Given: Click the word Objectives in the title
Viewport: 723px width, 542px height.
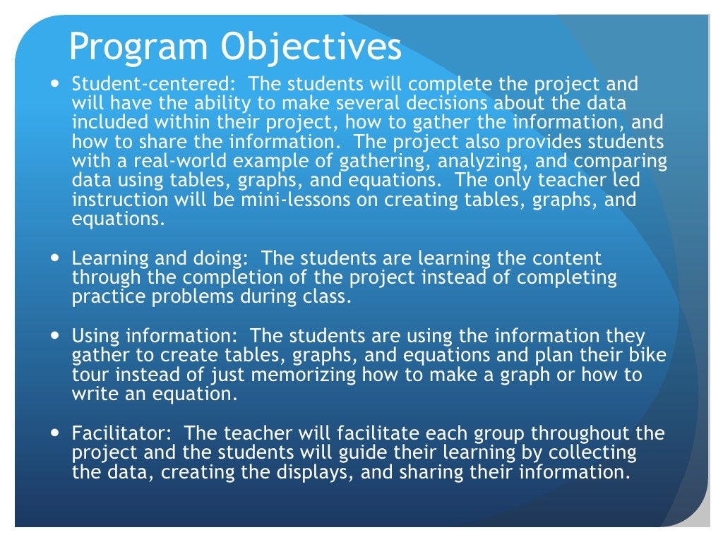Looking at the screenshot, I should [x=310, y=48].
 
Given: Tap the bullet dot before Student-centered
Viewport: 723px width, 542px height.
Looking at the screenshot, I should [x=56, y=82].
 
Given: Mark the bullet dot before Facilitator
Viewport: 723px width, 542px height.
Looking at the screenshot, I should [x=56, y=432].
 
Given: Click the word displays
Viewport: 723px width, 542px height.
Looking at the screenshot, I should [x=318, y=471].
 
